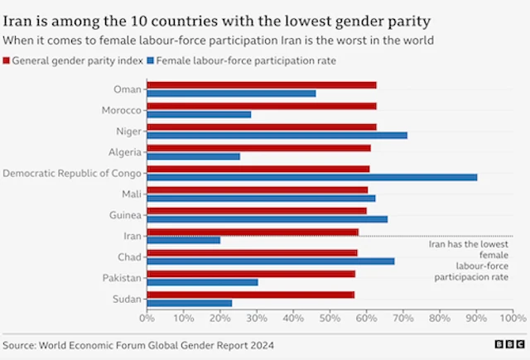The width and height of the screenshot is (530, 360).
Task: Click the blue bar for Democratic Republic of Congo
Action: coord(311,177)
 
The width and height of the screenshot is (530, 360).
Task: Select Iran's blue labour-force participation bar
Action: coord(183,240)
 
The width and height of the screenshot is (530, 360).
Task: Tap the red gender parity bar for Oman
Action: coord(261,84)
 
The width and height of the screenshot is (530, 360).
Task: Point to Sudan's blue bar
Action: coord(189,303)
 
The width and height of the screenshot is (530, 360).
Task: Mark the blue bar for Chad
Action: coord(270,262)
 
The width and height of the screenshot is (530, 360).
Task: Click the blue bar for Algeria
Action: coord(193,156)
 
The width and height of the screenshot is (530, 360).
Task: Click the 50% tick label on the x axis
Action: coord(330,318)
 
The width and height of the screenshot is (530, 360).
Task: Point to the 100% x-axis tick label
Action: coord(513,318)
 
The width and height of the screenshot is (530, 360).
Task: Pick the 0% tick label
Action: coord(147,318)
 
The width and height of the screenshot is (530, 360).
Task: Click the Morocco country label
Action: coord(121,110)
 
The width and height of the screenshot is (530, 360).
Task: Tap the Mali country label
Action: coord(131,194)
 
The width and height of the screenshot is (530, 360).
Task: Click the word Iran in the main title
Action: coord(22,17)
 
